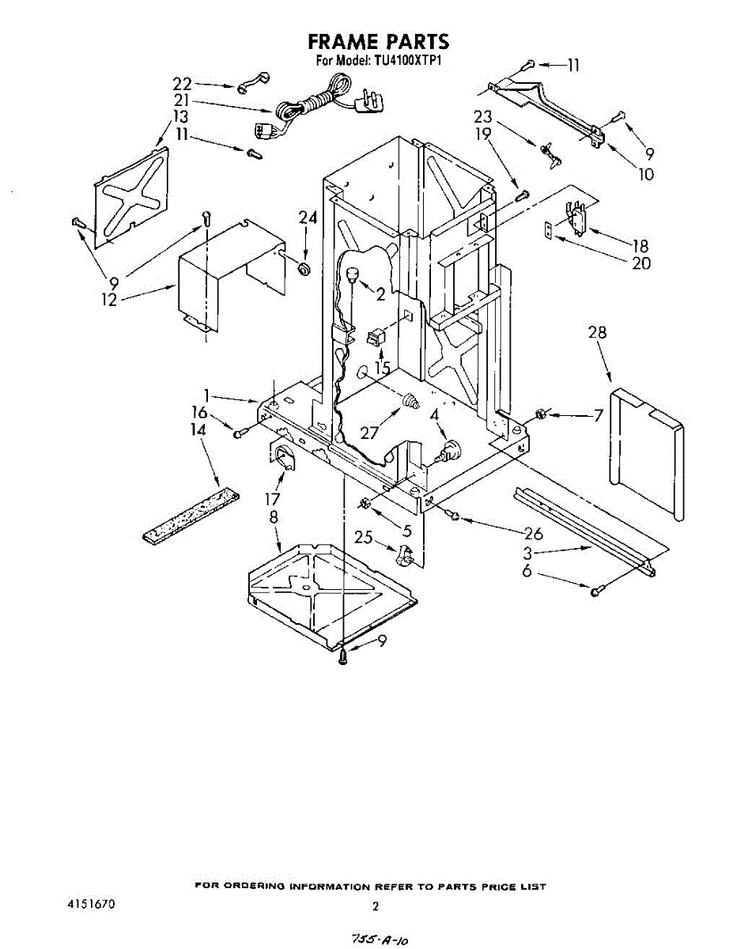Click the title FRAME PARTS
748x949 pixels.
[378, 41]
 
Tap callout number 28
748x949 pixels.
[597, 333]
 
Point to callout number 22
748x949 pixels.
[182, 83]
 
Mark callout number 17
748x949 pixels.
[273, 501]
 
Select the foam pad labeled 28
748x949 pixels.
[647, 451]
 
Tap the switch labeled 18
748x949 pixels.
[574, 220]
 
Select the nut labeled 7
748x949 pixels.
[541, 414]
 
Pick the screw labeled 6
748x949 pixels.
[597, 589]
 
